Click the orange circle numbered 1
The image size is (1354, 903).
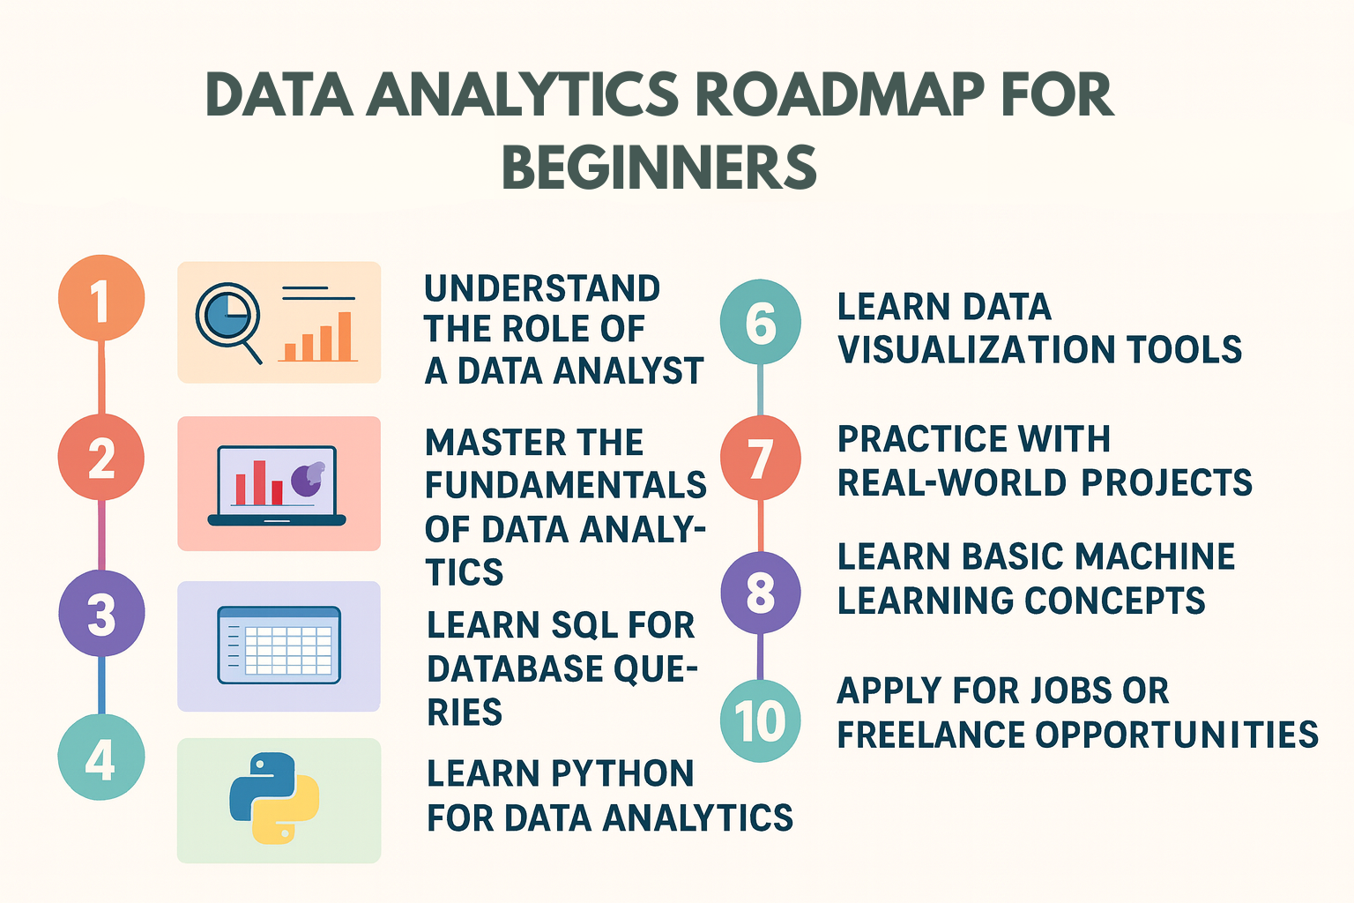tap(101, 298)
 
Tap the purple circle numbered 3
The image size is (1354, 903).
tap(101, 613)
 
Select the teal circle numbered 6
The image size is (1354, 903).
tap(760, 322)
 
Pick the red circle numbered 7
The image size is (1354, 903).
tap(760, 458)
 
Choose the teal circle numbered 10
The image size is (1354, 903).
tap(760, 720)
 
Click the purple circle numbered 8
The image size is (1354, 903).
tap(760, 592)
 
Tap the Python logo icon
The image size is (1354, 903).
tap(274, 798)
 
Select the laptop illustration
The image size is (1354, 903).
tap(277, 486)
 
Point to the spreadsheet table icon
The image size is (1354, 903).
tap(279, 645)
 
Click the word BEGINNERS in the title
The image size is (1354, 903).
tap(658, 168)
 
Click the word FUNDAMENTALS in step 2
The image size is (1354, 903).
tap(565, 485)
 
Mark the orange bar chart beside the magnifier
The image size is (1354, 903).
tap(319, 339)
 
